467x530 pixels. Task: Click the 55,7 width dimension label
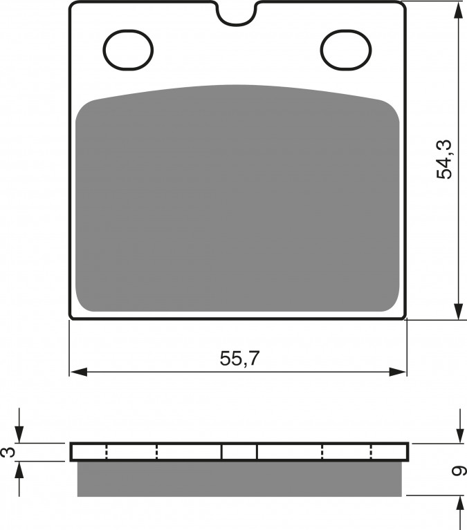click(239, 359)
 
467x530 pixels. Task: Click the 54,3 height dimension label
click(444, 159)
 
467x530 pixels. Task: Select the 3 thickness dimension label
click(9, 452)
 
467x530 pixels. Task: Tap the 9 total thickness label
click(459, 471)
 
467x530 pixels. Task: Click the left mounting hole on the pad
click(128, 50)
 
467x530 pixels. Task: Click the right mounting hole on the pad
click(347, 50)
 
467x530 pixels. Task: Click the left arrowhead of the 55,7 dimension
click(78, 372)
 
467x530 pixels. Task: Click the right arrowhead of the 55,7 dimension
click(397, 372)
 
